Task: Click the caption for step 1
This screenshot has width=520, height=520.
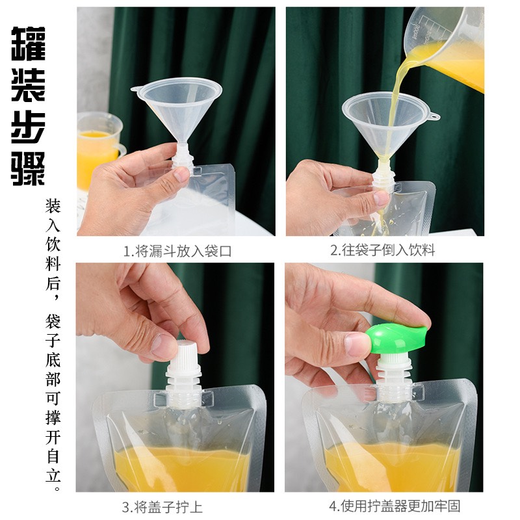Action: pyautogui.click(x=177, y=251)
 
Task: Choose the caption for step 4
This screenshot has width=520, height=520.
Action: pyautogui.click(x=395, y=506)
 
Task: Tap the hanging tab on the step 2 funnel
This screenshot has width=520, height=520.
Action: pyautogui.click(x=434, y=116)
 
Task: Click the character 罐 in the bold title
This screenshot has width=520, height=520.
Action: pyautogui.click(x=28, y=44)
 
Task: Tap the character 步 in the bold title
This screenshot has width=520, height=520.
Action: pyautogui.click(x=28, y=127)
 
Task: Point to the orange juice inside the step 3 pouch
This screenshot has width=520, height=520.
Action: pyautogui.click(x=181, y=467)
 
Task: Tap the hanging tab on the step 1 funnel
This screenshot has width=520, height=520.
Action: pyautogui.click(x=136, y=89)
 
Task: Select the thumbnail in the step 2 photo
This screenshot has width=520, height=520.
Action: pyautogui.click(x=380, y=199)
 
